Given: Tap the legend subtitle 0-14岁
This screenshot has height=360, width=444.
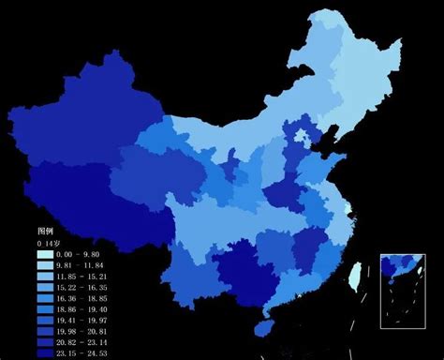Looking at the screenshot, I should coord(49,243).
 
